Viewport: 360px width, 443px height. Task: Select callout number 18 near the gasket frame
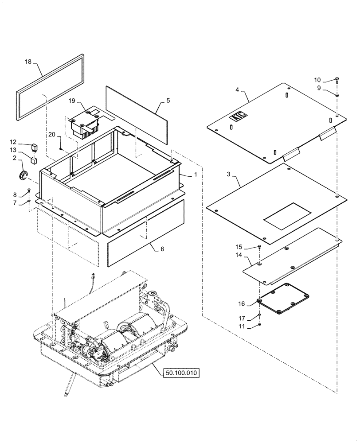(x=28, y=62)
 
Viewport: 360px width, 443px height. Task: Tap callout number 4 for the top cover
(x=238, y=90)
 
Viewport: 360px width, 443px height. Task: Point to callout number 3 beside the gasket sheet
(x=229, y=175)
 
